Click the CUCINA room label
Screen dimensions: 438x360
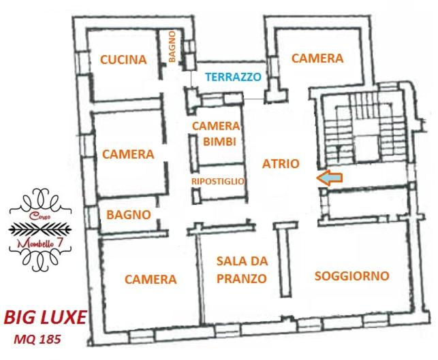123,60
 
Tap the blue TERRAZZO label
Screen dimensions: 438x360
233,77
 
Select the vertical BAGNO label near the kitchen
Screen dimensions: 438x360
172,46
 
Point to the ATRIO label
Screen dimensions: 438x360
281,164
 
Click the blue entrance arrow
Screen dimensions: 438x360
329,178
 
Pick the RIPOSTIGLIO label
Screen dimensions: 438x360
218,182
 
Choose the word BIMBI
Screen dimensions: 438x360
219,142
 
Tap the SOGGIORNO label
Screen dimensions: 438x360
352,276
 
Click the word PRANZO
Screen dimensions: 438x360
242,278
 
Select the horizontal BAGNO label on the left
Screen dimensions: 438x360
129,215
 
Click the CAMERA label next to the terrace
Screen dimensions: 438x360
317,59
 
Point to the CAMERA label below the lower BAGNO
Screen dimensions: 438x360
151,279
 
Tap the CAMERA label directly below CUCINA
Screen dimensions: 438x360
128,154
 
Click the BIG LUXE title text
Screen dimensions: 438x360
45,317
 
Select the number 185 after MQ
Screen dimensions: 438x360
50,340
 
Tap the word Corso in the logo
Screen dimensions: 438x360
40,216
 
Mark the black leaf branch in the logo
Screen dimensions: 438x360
40,229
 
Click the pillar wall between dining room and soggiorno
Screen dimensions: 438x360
285,259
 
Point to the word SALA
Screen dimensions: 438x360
229,261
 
